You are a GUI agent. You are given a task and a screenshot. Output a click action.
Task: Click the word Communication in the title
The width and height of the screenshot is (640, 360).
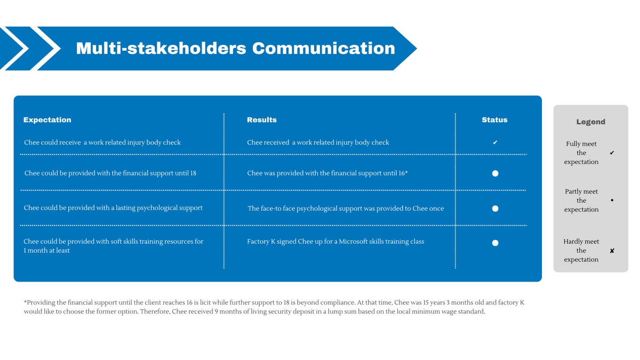coord(323,49)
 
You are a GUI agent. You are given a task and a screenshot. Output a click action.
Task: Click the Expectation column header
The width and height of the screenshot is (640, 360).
coord(47,119)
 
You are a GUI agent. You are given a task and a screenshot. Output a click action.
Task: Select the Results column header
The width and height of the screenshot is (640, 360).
coord(262,119)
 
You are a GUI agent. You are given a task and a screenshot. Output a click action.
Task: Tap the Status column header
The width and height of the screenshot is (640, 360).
coord(494,119)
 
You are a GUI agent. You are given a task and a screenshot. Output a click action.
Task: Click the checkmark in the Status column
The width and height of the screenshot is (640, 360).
coord(495,142)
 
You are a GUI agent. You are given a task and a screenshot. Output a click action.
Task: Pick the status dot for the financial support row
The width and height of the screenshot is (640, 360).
coord(495,173)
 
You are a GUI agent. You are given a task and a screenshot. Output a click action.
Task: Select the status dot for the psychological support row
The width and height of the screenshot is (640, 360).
coord(495,209)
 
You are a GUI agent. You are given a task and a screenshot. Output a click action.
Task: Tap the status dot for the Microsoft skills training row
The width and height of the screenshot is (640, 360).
coord(495,243)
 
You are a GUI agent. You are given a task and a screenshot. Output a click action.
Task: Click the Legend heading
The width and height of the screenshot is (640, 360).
coord(590,122)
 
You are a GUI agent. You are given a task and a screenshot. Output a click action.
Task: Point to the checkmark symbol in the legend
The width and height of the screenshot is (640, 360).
coord(612,153)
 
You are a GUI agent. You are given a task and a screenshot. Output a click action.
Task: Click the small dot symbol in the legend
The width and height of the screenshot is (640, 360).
coord(612,201)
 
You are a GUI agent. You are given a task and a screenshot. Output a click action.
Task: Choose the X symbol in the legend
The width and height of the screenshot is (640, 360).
coord(612,251)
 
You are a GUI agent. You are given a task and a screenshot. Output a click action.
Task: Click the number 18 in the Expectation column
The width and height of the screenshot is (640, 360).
coord(193,173)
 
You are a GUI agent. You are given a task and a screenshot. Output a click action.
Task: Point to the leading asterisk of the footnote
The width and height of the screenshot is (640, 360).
coord(25,301)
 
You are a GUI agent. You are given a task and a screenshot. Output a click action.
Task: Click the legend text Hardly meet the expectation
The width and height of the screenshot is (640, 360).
coord(581,251)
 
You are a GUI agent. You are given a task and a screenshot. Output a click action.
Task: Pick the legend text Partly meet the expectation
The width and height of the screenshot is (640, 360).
coord(581,201)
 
